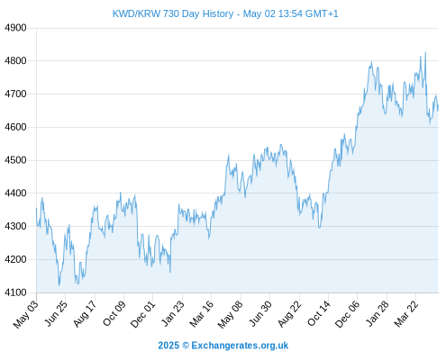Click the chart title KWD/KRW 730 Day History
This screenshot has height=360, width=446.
pos(173,13)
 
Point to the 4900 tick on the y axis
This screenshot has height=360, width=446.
pos(15,28)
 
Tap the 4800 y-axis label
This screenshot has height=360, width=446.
pos(15,61)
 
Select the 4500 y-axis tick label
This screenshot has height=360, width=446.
pos(15,160)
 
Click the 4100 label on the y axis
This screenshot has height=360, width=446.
pos(15,292)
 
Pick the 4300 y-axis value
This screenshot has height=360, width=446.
pos(15,226)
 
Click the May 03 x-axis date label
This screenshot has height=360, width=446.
pos(26,314)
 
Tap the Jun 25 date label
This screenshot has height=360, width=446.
pos(56,313)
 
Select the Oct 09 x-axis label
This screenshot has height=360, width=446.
pos(114,313)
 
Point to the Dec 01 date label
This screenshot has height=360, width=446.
pos(143,314)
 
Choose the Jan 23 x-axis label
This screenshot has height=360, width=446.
pos(173,313)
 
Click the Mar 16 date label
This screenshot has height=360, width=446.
pos(202,314)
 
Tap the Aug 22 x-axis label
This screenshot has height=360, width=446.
pos(289,314)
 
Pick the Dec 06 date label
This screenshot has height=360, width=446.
pos(347,314)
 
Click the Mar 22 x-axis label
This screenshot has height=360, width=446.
pos(406,314)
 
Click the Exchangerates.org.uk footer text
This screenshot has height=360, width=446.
pos(240,346)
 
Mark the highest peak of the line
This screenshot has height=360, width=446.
pos(425,52)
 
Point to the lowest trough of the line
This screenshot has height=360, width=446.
pos(59,285)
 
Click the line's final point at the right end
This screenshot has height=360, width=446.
pos(438,106)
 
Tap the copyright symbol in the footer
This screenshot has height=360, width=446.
pos(186,346)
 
